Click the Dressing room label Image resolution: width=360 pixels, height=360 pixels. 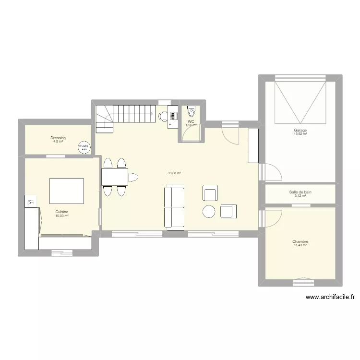tap(58, 138)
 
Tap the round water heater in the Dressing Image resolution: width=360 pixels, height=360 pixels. tap(84, 147)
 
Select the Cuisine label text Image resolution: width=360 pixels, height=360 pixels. tap(61, 212)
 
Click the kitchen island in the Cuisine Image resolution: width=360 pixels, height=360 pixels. tap(66, 191)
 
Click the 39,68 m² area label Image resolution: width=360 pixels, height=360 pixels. tap(174, 173)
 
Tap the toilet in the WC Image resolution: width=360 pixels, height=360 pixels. tap(192, 113)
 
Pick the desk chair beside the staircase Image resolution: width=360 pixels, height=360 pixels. tap(163, 115)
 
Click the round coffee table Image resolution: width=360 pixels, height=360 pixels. tap(209, 211)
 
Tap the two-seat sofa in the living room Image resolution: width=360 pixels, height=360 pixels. tap(175, 207)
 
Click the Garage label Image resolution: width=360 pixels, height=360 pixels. tap(300, 130)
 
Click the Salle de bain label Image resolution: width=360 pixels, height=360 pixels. tap(300, 192)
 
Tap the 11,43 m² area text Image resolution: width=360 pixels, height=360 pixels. tap(300, 245)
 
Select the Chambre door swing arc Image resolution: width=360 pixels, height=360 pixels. tap(272, 218)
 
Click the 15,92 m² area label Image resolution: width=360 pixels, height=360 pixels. tap(300, 134)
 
